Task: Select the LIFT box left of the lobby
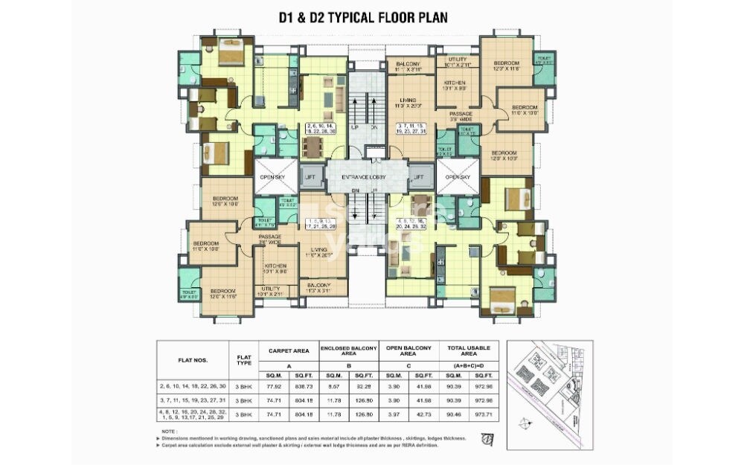coord(310,177)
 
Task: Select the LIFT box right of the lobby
coord(418,177)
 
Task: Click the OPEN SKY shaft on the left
coord(269,177)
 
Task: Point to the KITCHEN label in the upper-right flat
coord(455,83)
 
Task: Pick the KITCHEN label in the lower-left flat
coord(275,266)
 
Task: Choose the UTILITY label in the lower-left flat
coord(271,289)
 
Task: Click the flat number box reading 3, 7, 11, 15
coord(411,128)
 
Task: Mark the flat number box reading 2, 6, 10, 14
coord(321,128)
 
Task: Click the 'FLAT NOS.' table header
coord(193,360)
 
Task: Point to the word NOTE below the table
coord(169,432)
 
